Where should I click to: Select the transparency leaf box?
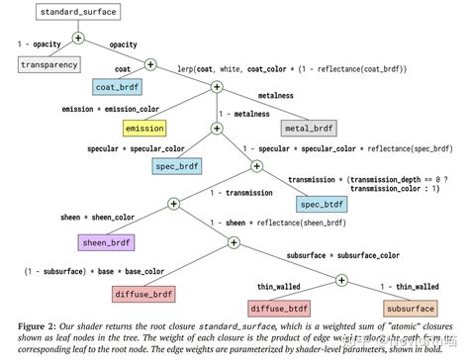click(x=49, y=64)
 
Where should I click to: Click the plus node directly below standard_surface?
click(x=77, y=39)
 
